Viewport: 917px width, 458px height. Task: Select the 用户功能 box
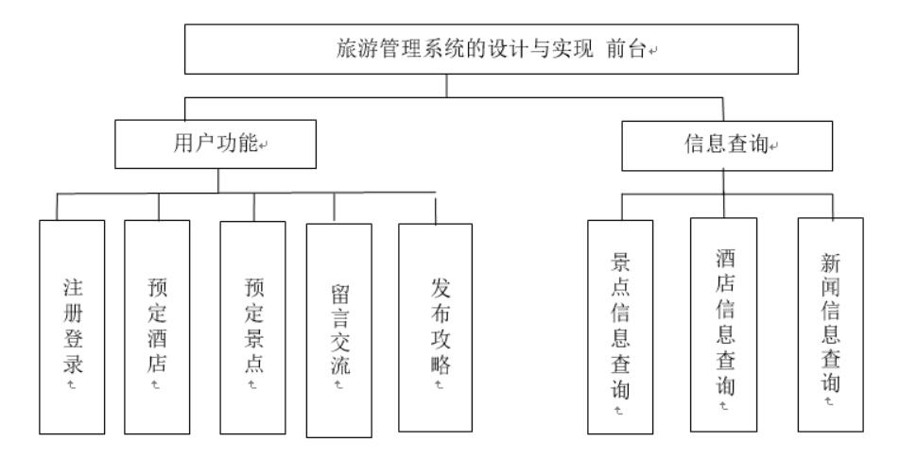click(x=218, y=144)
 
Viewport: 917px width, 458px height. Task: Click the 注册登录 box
click(x=72, y=326)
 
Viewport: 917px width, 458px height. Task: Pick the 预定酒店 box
click(x=157, y=326)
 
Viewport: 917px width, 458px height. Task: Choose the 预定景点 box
click(x=252, y=326)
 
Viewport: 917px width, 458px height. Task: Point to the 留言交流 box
click(x=338, y=331)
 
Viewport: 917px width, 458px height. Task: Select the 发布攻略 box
click(x=435, y=327)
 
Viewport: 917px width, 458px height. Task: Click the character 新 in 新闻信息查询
click(x=829, y=263)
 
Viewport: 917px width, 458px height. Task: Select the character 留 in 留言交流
click(x=338, y=294)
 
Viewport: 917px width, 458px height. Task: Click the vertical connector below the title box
click(x=445, y=85)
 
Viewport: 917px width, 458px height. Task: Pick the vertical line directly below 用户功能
click(x=218, y=180)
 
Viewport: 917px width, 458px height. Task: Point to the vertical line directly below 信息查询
click(x=723, y=181)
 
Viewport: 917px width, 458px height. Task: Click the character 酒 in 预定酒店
click(x=157, y=337)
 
